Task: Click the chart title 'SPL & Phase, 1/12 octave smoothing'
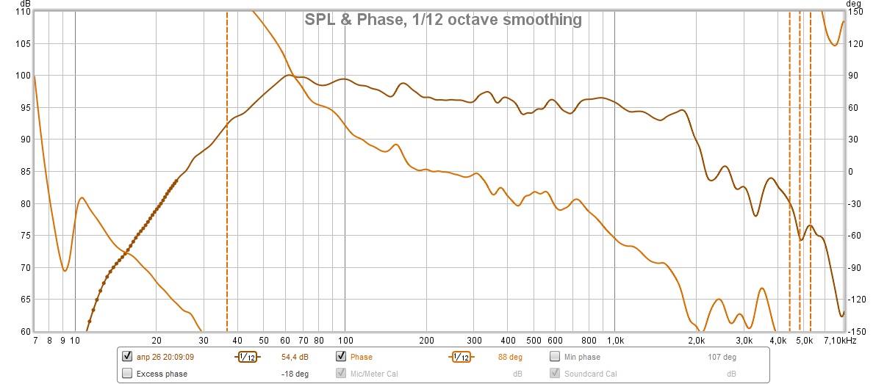[443, 20]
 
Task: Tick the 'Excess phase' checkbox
[128, 374]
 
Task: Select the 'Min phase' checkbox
[556, 357]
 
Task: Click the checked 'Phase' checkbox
[341, 357]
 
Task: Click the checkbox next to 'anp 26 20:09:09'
[128, 357]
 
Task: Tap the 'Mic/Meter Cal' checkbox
[341, 374]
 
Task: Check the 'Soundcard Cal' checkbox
[556, 374]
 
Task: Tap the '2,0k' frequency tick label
[697, 341]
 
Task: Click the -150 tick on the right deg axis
[856, 331]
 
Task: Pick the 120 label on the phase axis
[855, 44]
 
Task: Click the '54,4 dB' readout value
[295, 358]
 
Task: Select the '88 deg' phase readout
[509, 358]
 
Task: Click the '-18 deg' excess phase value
[295, 374]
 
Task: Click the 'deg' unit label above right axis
[853, 4]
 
